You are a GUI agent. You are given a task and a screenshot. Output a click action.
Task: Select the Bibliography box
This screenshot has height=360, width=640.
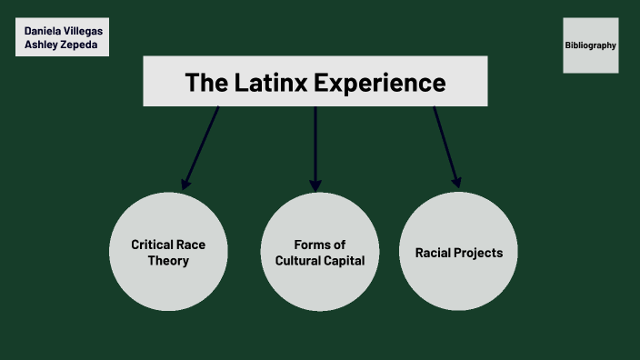point(590,45)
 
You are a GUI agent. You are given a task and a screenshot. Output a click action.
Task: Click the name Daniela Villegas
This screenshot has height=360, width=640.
point(62,30)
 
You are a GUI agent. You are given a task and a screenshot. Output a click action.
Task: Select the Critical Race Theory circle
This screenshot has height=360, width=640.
point(167,252)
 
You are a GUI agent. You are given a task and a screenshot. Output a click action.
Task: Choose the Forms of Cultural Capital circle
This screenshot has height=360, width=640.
point(319,252)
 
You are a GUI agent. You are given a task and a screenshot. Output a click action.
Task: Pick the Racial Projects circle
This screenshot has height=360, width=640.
point(458,252)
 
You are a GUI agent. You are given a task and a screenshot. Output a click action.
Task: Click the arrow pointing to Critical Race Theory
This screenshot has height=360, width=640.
point(202,145)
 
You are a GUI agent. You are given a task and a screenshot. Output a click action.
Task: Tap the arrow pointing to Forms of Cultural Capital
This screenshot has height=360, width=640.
point(315,145)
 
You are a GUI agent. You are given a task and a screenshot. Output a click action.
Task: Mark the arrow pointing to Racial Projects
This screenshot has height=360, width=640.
point(445,145)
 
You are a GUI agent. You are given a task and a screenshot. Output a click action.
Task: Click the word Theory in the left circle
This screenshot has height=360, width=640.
point(168,261)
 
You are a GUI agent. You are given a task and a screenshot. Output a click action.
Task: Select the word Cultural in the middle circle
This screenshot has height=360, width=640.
point(297,261)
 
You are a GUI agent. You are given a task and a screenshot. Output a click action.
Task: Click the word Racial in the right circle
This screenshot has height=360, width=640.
point(434,253)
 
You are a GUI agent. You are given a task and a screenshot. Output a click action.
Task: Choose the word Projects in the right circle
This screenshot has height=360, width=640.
point(478,253)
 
